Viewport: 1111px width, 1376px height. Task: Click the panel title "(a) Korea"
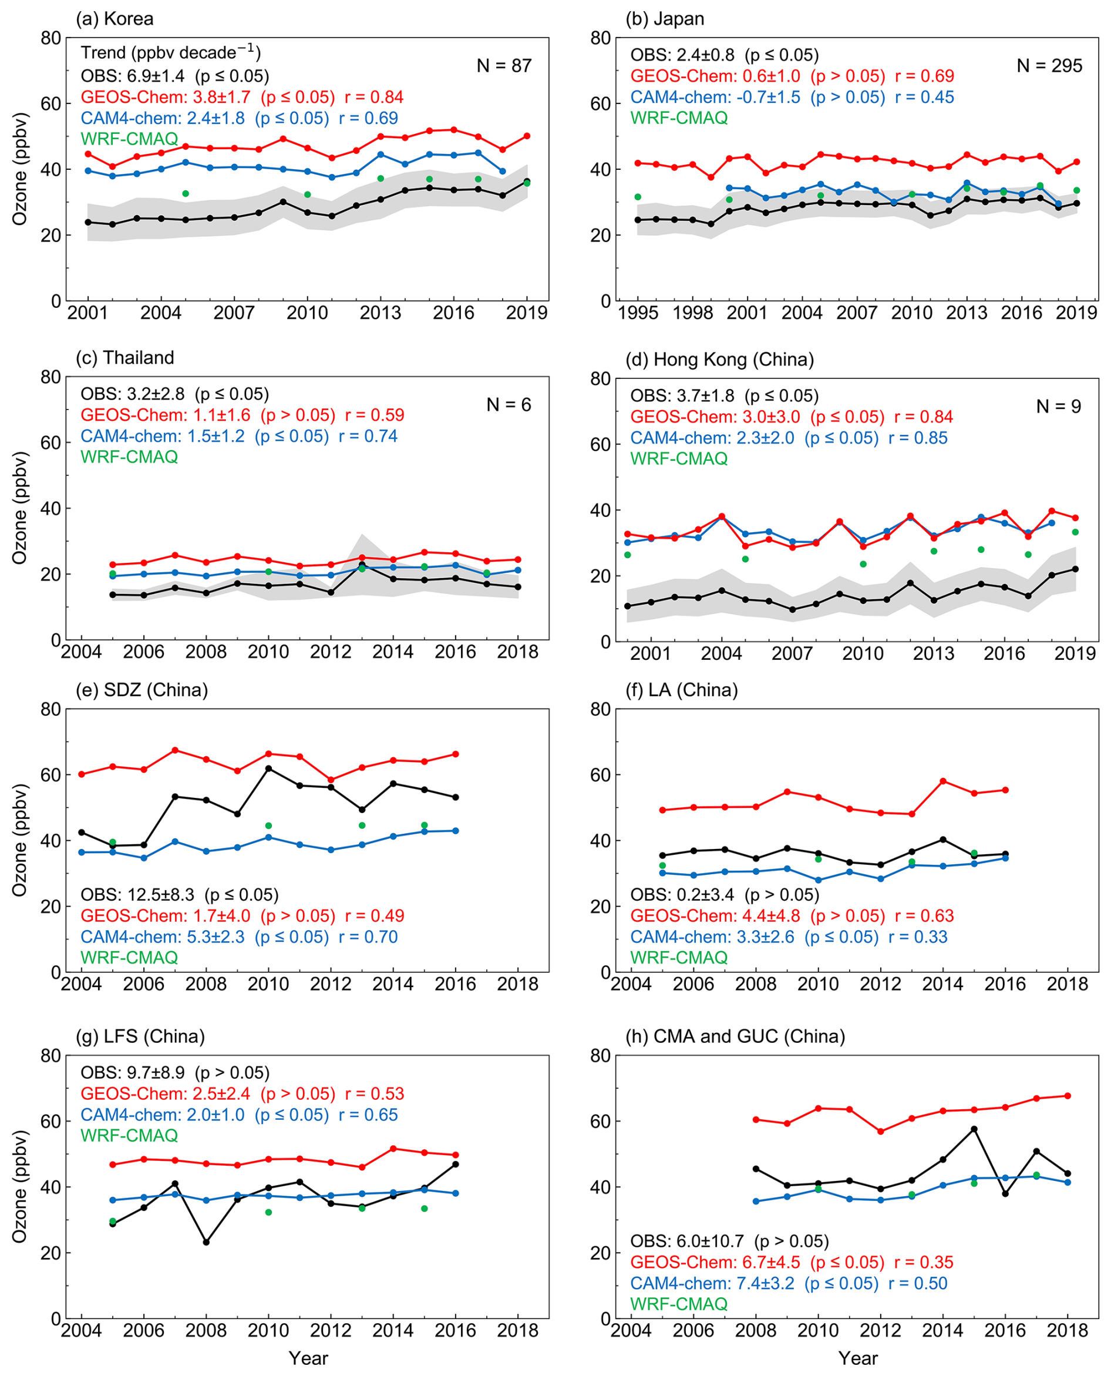point(115,19)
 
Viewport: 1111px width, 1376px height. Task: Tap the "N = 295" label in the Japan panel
point(1049,66)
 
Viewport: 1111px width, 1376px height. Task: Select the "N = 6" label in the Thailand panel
point(508,405)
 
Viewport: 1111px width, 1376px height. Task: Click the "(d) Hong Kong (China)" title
point(719,359)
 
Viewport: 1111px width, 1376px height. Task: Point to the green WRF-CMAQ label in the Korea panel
point(129,139)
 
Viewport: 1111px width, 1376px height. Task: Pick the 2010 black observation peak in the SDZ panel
point(269,768)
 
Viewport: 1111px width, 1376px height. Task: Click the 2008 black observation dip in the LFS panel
point(206,1243)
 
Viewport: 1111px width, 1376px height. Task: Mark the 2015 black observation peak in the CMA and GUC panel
point(974,1129)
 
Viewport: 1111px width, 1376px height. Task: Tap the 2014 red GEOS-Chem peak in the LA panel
point(942,781)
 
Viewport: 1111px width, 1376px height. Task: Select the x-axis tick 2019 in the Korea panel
point(527,313)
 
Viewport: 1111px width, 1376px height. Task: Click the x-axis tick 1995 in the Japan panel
point(638,313)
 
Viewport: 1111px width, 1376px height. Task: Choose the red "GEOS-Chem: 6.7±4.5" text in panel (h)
point(715,1262)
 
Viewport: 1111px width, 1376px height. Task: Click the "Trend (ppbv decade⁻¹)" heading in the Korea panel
point(170,52)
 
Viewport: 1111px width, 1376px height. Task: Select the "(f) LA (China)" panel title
point(682,690)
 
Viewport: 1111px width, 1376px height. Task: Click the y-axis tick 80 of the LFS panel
point(51,1055)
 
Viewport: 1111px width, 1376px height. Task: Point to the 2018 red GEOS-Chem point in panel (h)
point(1067,1096)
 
